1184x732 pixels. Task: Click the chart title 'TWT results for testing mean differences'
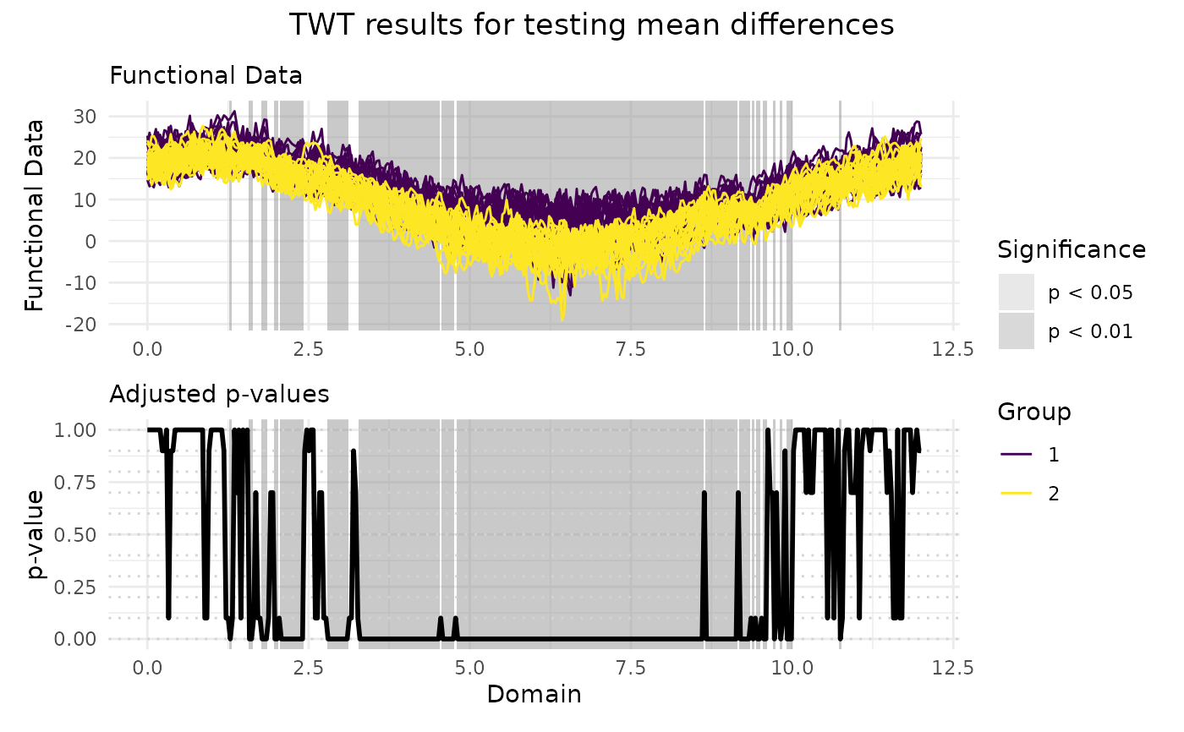point(591,25)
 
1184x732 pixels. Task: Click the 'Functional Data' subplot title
point(206,76)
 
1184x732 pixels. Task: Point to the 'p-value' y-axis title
point(34,534)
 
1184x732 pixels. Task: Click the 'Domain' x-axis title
point(534,695)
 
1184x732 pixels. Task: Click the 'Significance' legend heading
point(1072,250)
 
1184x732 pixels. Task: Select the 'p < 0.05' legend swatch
point(1016,292)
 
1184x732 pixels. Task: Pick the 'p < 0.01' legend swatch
point(1016,331)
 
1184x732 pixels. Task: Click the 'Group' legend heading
point(1034,412)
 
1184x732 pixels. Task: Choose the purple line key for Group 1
point(1016,455)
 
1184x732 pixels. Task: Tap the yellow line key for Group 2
point(1016,494)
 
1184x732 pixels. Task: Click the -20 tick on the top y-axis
point(85,325)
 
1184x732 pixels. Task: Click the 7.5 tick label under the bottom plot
point(630,668)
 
